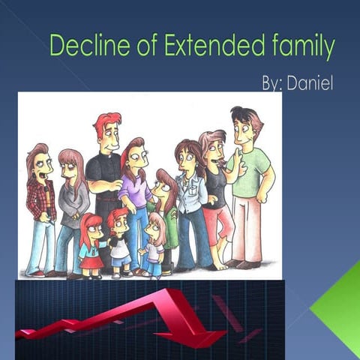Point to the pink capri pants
point(220,225)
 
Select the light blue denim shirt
point(191,191)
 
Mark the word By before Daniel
point(272,82)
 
